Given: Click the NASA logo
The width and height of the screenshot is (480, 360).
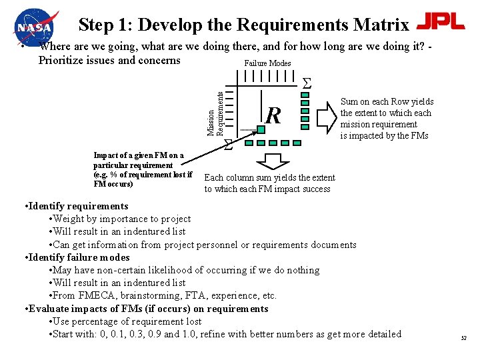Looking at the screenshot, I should pos(35,26).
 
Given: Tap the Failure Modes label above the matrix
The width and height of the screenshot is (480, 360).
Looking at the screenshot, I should pos(267,63).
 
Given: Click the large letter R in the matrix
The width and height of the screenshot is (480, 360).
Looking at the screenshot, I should pos(273,116).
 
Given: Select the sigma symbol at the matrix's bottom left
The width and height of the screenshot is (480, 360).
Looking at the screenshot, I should pos(228,144).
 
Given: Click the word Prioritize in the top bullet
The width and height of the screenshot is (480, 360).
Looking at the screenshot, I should pos(63,61).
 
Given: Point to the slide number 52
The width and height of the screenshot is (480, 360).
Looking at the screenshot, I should pos(463,339).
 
